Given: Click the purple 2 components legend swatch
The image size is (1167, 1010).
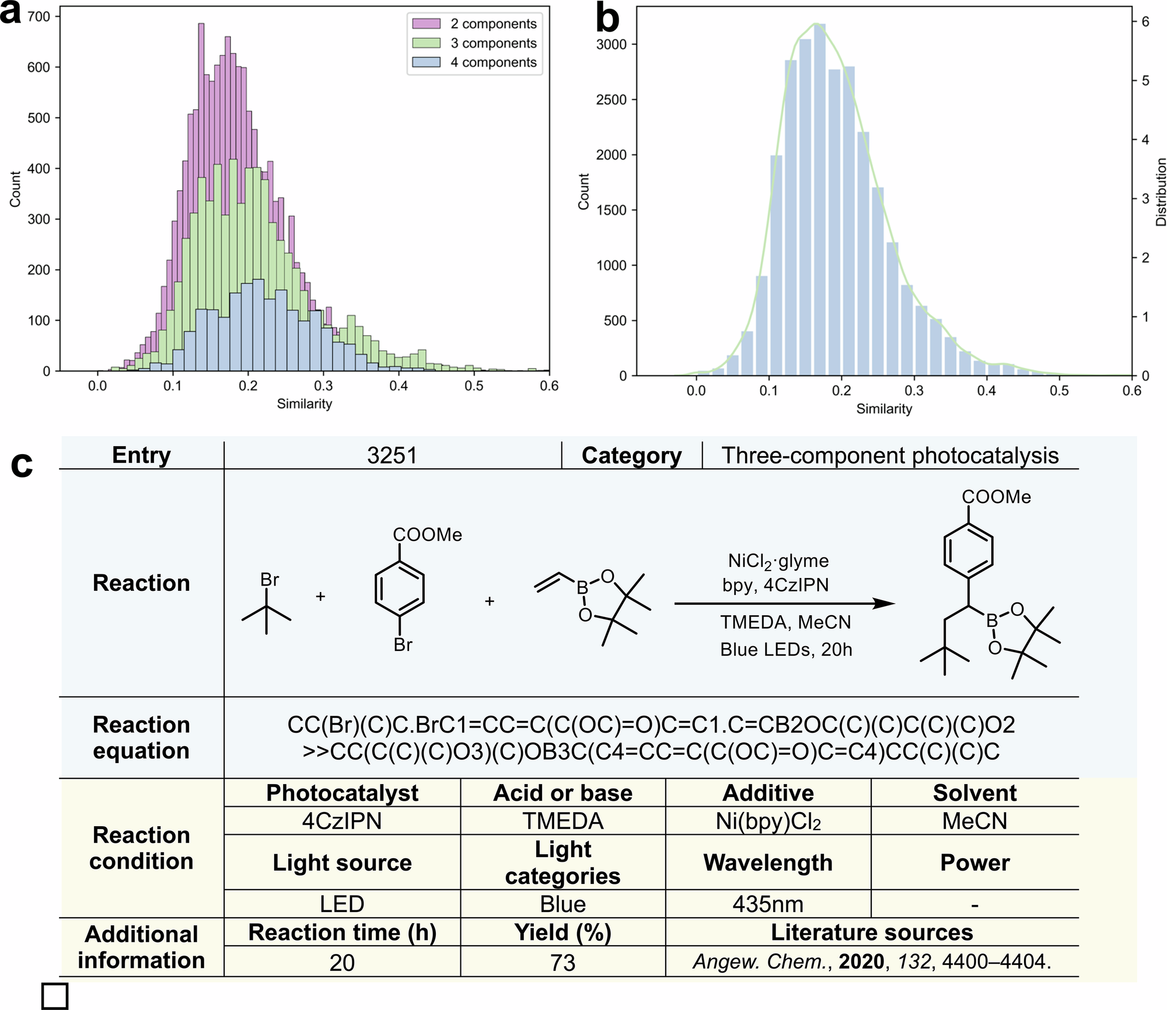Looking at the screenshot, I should [426, 24].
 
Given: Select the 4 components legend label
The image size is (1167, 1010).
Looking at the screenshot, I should [493, 62].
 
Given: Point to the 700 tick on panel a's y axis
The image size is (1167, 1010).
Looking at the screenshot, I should [39, 17].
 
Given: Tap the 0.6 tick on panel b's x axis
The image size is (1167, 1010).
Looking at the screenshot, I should [1131, 391].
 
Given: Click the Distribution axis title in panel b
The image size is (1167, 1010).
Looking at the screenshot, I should [1161, 192].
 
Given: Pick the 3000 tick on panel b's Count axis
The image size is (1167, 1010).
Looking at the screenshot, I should [611, 44].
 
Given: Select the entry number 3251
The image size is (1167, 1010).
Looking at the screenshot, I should [392, 455].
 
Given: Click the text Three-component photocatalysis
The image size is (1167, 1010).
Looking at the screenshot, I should [890, 455].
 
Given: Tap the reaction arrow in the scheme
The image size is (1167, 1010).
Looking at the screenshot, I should [784, 604].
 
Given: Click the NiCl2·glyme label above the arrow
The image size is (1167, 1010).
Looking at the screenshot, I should [778, 561].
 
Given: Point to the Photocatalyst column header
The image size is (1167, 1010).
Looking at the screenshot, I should [342, 793].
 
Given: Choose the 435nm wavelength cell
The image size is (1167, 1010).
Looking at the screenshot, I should [768, 904].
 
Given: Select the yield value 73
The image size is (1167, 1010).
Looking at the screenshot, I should [562, 963].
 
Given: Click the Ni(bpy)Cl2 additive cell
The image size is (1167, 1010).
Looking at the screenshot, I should [768, 821].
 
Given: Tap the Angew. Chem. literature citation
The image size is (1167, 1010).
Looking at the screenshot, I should [872, 962].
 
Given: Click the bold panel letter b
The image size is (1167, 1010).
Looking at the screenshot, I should [607, 19].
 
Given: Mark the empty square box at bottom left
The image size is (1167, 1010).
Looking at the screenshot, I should [55, 996].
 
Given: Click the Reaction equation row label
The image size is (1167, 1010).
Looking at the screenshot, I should [141, 737].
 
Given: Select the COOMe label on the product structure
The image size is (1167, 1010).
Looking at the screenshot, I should [996, 497].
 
